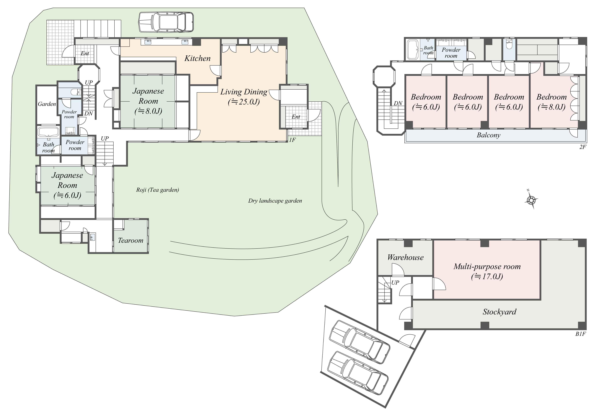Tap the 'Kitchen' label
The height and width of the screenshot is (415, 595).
click(x=197, y=58)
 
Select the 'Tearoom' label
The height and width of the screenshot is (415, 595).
click(x=131, y=241)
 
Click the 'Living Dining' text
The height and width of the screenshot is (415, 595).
click(x=244, y=92)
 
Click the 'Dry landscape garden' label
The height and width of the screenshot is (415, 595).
click(x=275, y=201)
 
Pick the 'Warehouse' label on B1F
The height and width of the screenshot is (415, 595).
click(x=405, y=257)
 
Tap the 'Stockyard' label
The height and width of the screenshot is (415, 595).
click(x=499, y=312)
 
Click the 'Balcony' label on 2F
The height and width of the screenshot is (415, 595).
click(x=488, y=135)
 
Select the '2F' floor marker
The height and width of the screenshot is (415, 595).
click(x=583, y=147)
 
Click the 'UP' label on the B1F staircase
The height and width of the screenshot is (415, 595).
click(x=395, y=283)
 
